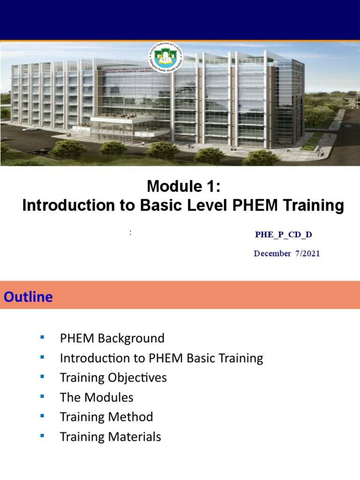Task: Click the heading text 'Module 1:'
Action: (x=183, y=187)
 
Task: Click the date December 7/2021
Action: (x=287, y=254)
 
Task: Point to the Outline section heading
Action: (x=29, y=297)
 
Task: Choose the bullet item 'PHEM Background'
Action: (x=112, y=338)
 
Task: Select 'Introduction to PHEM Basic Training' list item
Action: (x=161, y=358)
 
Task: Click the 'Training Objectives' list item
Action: (x=113, y=378)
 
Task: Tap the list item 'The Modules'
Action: (x=97, y=397)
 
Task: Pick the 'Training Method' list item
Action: (x=106, y=417)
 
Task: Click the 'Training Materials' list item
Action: (x=110, y=437)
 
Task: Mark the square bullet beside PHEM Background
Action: (x=42, y=337)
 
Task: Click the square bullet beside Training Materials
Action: (x=42, y=435)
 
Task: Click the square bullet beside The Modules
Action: (x=42, y=396)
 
